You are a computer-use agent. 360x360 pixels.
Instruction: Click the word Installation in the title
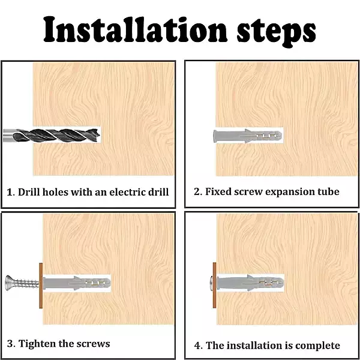pyautogui.click(x=135, y=29)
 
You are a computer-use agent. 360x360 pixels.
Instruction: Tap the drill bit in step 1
pyautogui.click(x=52, y=135)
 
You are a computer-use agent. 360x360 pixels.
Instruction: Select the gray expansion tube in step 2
pyautogui.click(x=247, y=136)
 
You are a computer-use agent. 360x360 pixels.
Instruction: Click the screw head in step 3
pyautogui.click(x=9, y=283)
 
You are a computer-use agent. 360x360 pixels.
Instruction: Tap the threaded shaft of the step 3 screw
pyautogui.click(x=26, y=283)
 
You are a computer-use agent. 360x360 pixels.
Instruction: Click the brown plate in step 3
pyautogui.click(x=41, y=286)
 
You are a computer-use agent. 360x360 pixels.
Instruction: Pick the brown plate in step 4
pyautogui.click(x=214, y=285)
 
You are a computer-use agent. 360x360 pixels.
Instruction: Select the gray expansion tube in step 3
pyautogui.click(x=77, y=283)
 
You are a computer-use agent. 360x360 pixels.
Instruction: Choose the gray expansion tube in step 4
pyautogui.click(x=250, y=283)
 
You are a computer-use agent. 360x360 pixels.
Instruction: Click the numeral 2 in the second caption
pyautogui.click(x=197, y=192)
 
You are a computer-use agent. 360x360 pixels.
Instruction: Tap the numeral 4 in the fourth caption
pyautogui.click(x=197, y=346)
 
